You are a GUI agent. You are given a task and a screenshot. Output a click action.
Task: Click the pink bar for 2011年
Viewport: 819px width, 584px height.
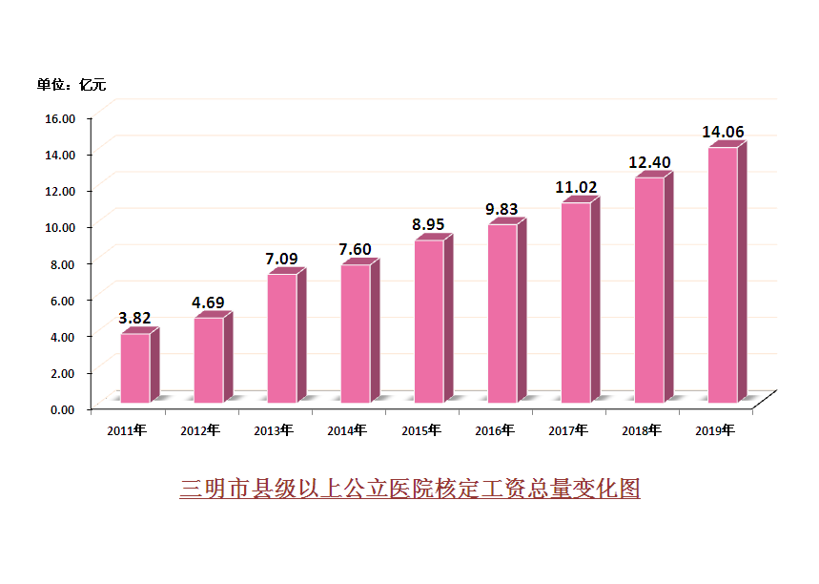coord(134,367)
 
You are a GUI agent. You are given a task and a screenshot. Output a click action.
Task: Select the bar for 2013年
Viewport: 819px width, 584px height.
coord(282,338)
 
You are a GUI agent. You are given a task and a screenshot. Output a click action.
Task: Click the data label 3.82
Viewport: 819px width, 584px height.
coord(134,318)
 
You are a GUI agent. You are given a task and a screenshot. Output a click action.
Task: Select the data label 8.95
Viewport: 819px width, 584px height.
coord(429,224)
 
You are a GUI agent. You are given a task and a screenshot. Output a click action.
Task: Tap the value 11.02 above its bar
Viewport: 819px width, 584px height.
coord(576,187)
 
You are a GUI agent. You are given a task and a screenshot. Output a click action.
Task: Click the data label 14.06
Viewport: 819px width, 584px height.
coord(723,132)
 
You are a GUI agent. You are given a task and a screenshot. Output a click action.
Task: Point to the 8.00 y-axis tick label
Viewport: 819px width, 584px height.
coord(63,263)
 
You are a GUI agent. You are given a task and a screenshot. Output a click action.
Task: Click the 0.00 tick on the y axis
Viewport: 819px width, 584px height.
coord(63,409)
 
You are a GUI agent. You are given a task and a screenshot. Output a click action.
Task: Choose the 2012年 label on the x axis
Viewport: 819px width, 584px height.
coord(200,430)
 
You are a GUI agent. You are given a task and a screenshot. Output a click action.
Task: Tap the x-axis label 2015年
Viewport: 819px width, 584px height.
coord(420,430)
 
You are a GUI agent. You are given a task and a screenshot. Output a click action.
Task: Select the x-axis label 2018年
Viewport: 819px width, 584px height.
coord(642,430)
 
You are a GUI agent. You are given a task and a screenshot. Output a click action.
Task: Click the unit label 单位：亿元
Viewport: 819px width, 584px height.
coord(72,85)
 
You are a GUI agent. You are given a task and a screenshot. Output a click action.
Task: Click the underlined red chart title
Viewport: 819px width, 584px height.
coord(409,489)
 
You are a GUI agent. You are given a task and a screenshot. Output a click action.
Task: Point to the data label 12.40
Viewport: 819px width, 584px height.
coord(649,163)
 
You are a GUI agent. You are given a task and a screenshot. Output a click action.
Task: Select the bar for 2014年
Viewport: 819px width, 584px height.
coord(356,333)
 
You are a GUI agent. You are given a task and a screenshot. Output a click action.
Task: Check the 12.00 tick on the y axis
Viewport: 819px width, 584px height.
coord(61,191)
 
